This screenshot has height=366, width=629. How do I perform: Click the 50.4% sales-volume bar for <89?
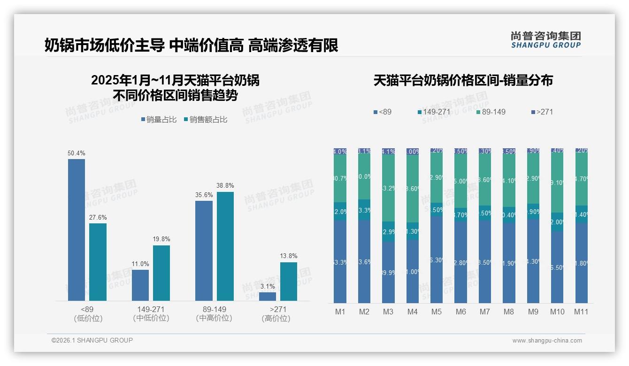click(77, 229)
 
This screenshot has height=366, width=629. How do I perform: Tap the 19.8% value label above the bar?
click(161, 239)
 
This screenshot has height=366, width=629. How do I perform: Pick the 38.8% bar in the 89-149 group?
click(225, 246)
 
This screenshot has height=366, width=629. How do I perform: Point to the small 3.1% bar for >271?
click(268, 297)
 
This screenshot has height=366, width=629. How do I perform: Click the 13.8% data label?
click(289, 256)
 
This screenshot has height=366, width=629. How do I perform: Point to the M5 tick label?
click(437, 312)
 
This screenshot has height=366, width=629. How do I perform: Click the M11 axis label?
click(581, 312)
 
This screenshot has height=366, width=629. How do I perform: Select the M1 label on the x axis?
click(340, 312)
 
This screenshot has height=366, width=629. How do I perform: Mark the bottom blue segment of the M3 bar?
click(388, 272)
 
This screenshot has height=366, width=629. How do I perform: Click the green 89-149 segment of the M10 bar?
click(557, 183)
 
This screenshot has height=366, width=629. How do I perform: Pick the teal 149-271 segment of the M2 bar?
click(364, 210)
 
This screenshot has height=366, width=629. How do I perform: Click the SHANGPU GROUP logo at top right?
click(545, 40)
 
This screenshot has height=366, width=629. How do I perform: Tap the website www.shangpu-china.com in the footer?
click(547, 341)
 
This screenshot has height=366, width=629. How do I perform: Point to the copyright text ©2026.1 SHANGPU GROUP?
click(92, 340)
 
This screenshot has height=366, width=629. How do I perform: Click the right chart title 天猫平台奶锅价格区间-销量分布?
click(463, 81)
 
